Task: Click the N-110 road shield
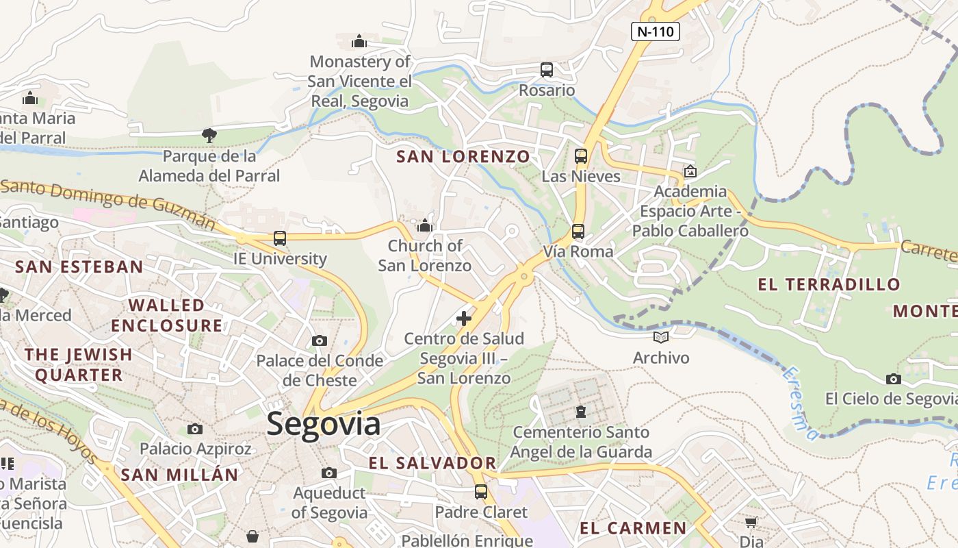coord(655,31)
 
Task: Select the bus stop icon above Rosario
coord(546,70)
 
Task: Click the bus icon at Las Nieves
coord(581,156)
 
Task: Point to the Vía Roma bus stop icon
coord(578,232)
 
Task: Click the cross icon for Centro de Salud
coord(464,319)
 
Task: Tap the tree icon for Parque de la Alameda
coord(209,136)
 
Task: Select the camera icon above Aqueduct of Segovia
coord(329,473)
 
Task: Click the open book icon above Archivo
coord(660,337)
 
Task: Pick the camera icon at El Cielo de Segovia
coord(893,379)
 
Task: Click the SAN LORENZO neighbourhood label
coord(463,157)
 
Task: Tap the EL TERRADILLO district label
coord(829,284)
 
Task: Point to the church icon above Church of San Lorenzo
coord(425,225)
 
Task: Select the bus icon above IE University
coord(280,238)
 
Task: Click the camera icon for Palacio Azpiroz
coord(195,429)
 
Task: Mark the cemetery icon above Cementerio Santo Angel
coord(581,412)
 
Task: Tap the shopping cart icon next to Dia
coord(751,523)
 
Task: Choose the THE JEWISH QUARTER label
coord(79,364)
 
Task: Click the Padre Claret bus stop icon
coord(481,491)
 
